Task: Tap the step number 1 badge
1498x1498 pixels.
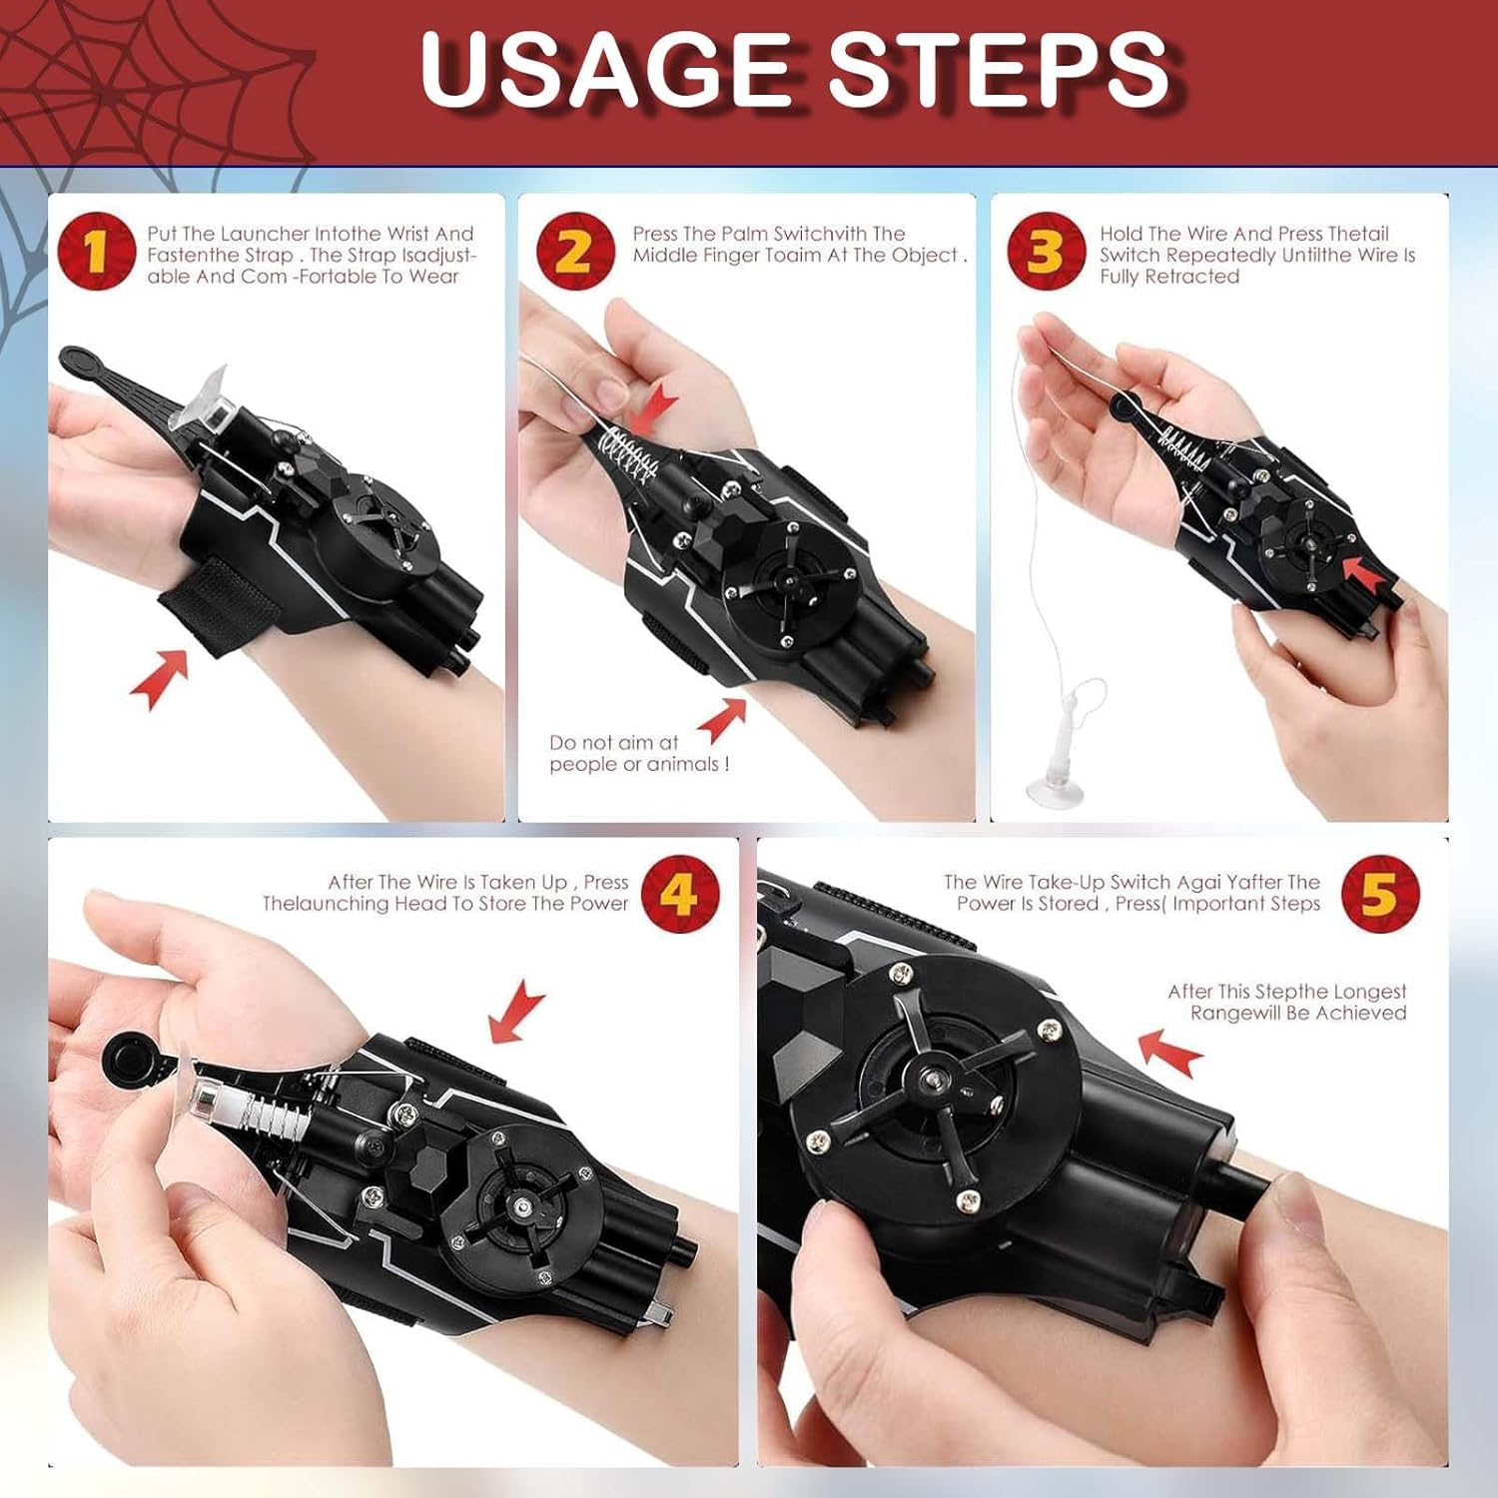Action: point(96,251)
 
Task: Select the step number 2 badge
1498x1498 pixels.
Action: point(574,251)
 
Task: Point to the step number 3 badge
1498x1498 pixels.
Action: point(1046,251)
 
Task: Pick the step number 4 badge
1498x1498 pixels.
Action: point(679,893)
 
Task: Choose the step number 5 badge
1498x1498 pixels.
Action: point(1380,893)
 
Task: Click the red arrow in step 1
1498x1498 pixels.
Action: point(160,678)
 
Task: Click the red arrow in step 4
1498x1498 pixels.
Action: point(517,1011)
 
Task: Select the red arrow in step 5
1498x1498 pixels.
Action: point(1170,1053)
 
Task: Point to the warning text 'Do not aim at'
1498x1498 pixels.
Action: point(613,742)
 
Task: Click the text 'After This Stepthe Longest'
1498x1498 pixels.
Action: point(1286,991)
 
